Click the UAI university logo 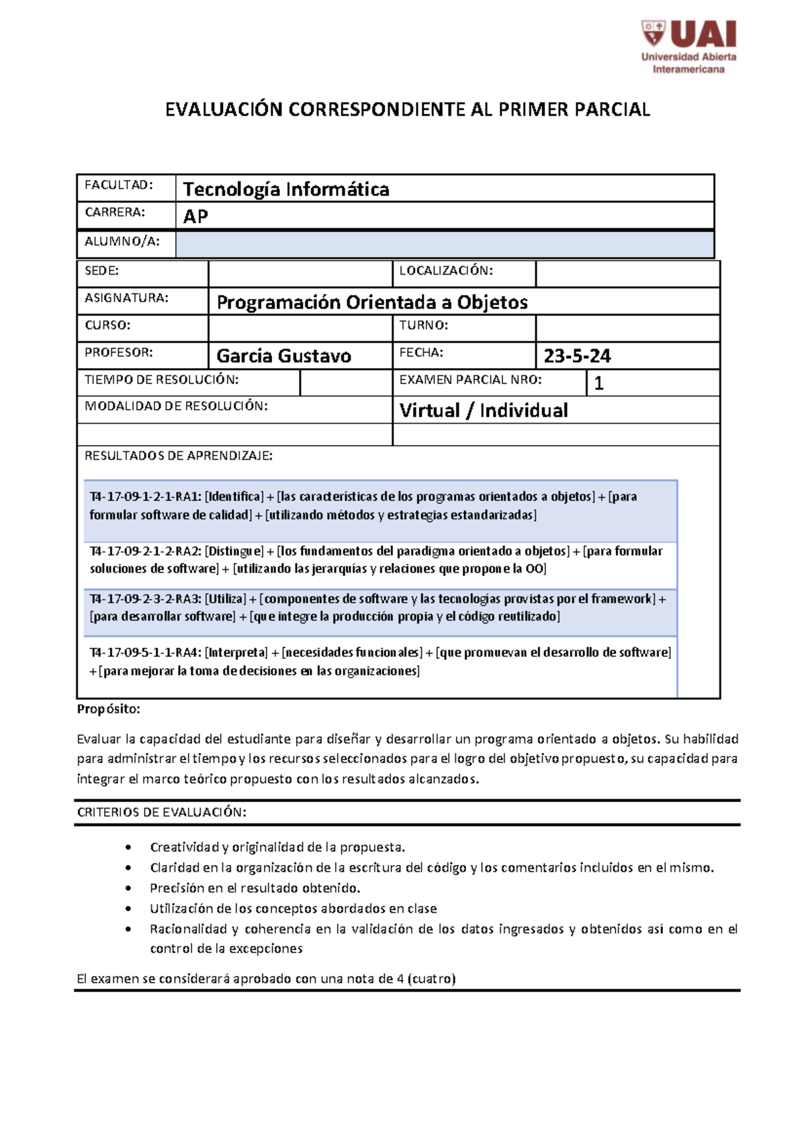688,46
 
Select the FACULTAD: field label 119,185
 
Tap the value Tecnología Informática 286,189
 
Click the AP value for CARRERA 195,216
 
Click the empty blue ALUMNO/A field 444,244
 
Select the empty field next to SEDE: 300,273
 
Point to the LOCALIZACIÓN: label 446,271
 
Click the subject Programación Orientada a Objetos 372,302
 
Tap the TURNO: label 423,325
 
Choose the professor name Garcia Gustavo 283,356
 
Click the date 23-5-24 577,356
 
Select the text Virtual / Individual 484,410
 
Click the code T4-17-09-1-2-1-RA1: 145,497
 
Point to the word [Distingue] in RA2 234,551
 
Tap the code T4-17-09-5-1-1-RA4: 145,653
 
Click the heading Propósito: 109,709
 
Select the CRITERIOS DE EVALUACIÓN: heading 162,813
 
